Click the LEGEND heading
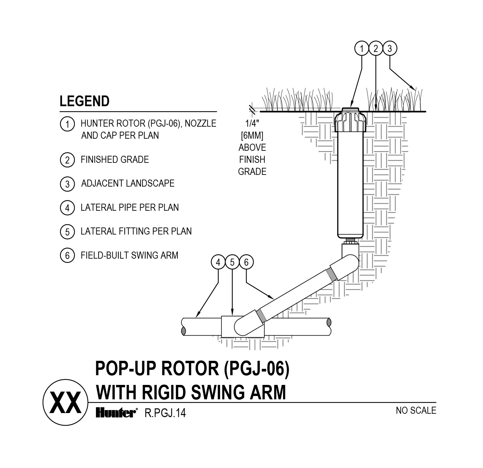click(x=85, y=101)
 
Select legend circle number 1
click(x=67, y=124)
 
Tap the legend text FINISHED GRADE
click(x=115, y=159)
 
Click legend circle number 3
click(x=67, y=184)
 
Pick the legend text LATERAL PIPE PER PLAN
click(x=129, y=207)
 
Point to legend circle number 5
click(x=67, y=232)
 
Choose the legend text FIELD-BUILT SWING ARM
click(x=129, y=255)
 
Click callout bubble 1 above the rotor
click(x=362, y=49)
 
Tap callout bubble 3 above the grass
click(x=390, y=49)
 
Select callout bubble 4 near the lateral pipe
click(x=218, y=262)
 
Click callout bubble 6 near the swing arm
click(x=246, y=262)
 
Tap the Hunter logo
click(x=116, y=413)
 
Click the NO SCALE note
click(x=416, y=410)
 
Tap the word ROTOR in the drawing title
click(x=190, y=369)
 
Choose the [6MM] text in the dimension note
click(x=252, y=136)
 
